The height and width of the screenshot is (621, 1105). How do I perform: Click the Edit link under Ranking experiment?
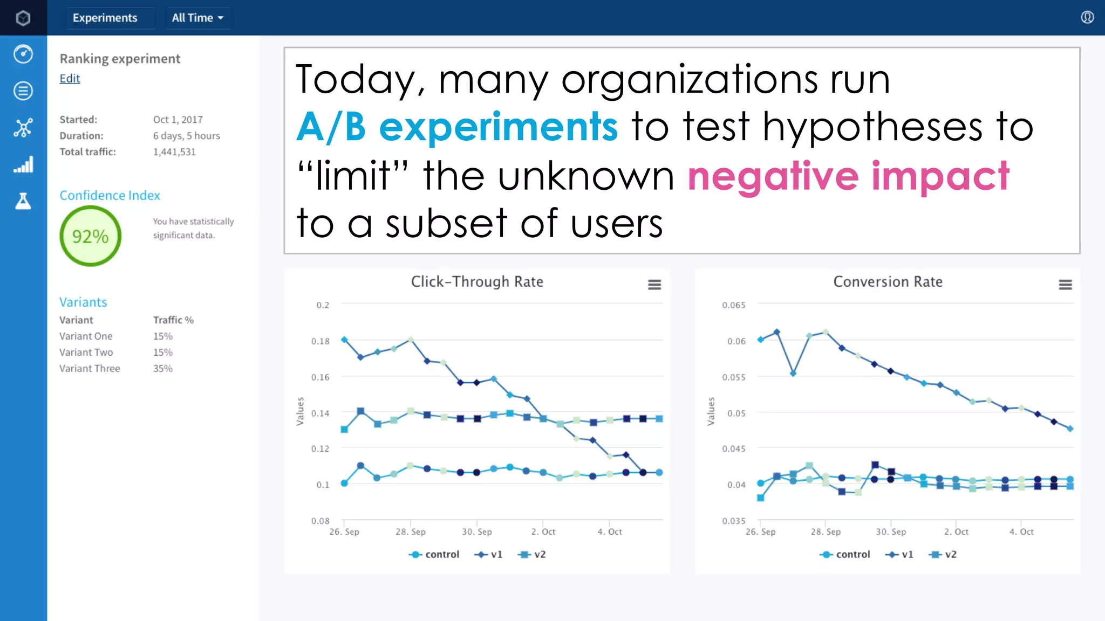[x=70, y=79]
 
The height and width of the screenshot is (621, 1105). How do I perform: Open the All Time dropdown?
[x=197, y=18]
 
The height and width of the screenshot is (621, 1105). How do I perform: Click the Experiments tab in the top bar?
[x=105, y=18]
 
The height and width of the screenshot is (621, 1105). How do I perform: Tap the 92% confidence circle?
[x=90, y=236]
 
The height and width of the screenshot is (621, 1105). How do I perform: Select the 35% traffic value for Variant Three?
[x=162, y=369]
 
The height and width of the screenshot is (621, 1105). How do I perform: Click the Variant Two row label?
[x=86, y=353]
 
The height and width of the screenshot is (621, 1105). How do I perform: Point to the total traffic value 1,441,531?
[x=174, y=152]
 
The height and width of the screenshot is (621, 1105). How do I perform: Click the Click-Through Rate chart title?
[x=477, y=282]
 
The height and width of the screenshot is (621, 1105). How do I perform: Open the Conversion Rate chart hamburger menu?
[x=1065, y=285]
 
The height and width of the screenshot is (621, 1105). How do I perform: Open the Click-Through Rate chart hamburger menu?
[x=654, y=285]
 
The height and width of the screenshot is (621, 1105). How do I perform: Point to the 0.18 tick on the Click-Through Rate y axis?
[x=320, y=341]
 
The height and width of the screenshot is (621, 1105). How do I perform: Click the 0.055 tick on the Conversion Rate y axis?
[x=734, y=377]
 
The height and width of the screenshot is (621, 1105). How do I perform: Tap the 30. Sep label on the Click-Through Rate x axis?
[x=477, y=532]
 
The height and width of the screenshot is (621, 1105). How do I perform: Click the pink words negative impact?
[x=848, y=176]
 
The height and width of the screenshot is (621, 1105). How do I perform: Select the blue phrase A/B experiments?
[x=457, y=127]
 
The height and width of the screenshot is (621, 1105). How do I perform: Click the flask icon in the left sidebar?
[x=23, y=201]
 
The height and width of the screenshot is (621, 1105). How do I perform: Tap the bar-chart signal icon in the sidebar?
[x=23, y=164]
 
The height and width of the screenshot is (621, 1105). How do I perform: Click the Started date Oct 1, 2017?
[x=178, y=120]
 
